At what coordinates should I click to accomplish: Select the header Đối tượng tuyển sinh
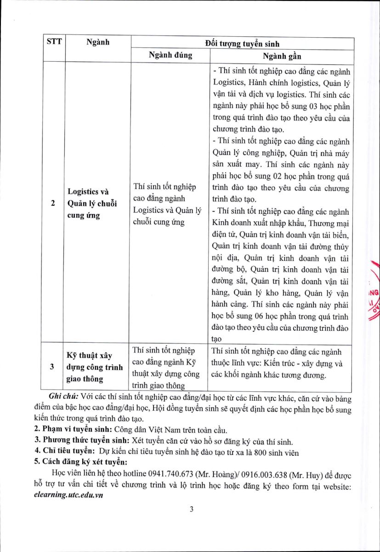[x=242, y=44]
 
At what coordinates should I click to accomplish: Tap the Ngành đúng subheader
[x=170, y=56]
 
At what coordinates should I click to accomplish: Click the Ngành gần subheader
[x=282, y=56]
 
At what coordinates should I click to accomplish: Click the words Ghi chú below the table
[x=64, y=397]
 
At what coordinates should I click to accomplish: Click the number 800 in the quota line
[x=265, y=452]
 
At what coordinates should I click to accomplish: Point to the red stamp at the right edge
[x=374, y=294]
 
